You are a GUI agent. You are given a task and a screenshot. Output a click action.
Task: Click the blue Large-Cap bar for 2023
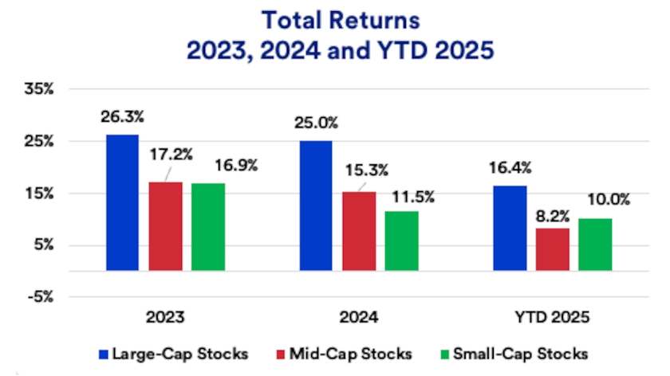[123, 202]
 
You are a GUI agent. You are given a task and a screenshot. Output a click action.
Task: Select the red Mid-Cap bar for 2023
[165, 226]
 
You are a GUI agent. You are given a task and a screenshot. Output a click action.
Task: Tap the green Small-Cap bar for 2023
[208, 227]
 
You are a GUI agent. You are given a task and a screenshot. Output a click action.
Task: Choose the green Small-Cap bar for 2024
[402, 241]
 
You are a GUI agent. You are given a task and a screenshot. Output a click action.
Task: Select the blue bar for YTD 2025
[510, 228]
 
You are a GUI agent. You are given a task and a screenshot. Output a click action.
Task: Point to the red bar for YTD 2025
[553, 249]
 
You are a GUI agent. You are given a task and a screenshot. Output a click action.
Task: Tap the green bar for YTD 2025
[595, 245]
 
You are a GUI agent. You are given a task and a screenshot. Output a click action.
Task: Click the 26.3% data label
[123, 117]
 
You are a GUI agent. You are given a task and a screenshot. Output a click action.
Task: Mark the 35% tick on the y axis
[38, 90]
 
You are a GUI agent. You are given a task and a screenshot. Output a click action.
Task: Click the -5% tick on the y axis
[38, 297]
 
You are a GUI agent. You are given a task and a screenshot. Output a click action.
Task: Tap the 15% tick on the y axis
[38, 194]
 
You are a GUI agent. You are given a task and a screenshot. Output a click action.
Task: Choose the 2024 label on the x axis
[359, 317]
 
